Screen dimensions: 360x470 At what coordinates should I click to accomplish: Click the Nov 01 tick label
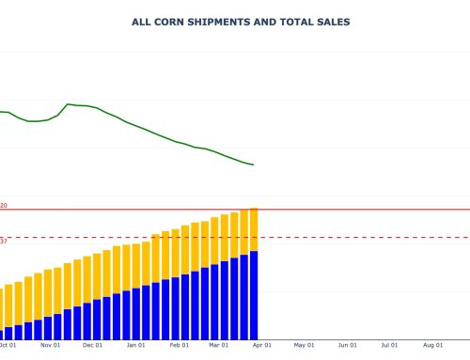tap(51, 346)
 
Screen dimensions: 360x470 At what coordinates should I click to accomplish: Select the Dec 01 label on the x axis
tap(93, 346)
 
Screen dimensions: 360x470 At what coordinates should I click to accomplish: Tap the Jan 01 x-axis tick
tap(136, 346)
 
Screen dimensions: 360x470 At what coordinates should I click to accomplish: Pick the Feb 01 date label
tap(179, 346)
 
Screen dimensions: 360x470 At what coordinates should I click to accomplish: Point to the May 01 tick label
tap(303, 346)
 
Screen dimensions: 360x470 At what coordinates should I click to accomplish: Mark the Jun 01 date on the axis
tap(347, 346)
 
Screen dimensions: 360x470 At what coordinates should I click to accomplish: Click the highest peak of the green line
tap(69, 104)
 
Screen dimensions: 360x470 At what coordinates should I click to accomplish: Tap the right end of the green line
tap(253, 165)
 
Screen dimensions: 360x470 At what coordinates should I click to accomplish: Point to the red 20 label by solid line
tap(4, 205)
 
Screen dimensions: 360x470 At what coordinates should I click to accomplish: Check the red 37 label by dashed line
tap(4, 242)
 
